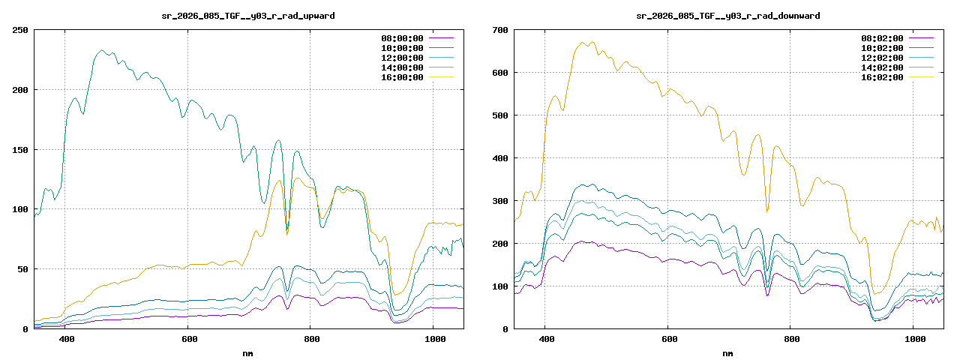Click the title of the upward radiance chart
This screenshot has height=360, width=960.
(249, 16)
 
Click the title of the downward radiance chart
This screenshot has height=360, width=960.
(728, 16)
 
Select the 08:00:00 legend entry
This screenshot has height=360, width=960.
(402, 38)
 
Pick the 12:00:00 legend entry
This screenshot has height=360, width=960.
(402, 58)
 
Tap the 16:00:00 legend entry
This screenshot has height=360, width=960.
(402, 77)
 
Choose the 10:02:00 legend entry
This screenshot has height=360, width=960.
(882, 48)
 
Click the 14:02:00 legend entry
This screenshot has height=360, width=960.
(882, 67)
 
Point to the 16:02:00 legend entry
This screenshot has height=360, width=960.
(882, 77)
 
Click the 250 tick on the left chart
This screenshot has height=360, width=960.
(19, 30)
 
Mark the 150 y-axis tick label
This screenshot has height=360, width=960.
(19, 150)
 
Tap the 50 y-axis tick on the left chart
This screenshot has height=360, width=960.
(22, 269)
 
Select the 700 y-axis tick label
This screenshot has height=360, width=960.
(499, 30)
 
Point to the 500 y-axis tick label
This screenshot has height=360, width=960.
(499, 115)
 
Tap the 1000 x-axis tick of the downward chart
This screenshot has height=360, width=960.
(913, 340)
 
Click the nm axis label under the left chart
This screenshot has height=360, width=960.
(248, 352)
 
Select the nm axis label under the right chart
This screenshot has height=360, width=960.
(728, 352)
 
